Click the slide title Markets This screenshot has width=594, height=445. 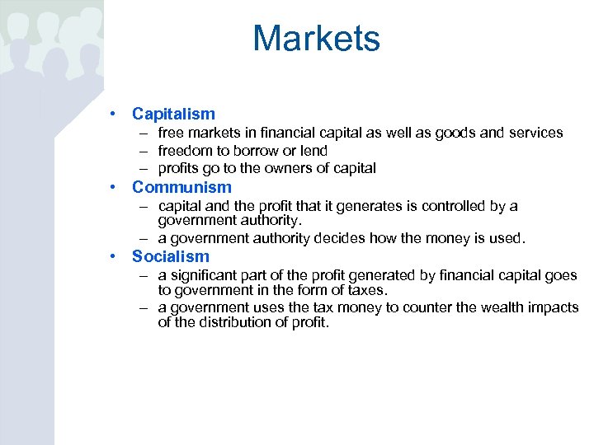(x=316, y=39)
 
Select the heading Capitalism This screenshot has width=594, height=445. (x=173, y=115)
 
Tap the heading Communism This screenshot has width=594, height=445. (x=181, y=186)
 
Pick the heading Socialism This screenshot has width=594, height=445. (x=171, y=256)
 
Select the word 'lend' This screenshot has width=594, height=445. (x=313, y=151)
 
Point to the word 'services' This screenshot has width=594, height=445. (x=534, y=133)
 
